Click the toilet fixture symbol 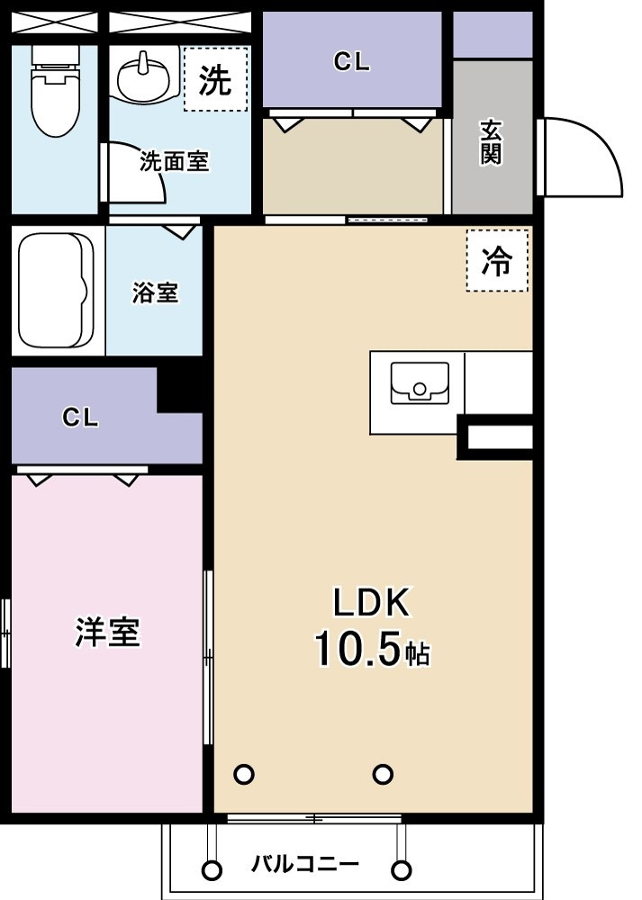[55, 91]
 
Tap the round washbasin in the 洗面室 [145, 78]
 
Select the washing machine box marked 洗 [215, 79]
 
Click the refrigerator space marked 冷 [497, 261]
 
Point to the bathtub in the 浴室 [56, 289]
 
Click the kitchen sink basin [420, 382]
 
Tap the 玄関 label [492, 142]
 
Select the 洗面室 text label [174, 161]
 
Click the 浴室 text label [155, 292]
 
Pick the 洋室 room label [107, 632]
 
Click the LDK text [372, 602]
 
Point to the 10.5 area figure [356, 649]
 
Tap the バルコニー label [305, 863]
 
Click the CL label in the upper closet [352, 62]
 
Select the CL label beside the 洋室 [80, 418]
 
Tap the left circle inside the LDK [244, 774]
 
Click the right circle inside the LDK [383, 774]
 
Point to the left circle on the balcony [212, 869]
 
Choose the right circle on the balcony [402, 869]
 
